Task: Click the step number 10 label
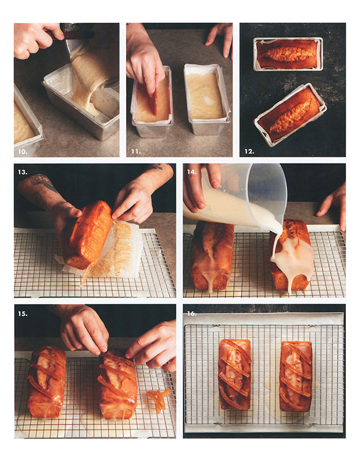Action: pyautogui.click(x=22, y=152)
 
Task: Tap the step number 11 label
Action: pyautogui.click(x=136, y=152)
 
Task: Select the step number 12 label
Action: pyautogui.click(x=249, y=152)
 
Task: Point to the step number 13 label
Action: pyautogui.click(x=22, y=172)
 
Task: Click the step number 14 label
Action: pyautogui.click(x=192, y=172)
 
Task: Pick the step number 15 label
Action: pyautogui.click(x=22, y=314)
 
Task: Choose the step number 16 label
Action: pyautogui.click(x=192, y=314)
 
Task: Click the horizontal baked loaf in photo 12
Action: pyautogui.click(x=288, y=54)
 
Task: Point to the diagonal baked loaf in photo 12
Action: pyautogui.click(x=290, y=114)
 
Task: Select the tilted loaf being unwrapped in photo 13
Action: pyautogui.click(x=87, y=234)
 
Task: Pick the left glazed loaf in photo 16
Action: pyautogui.click(x=235, y=374)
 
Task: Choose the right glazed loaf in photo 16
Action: pyautogui.click(x=295, y=376)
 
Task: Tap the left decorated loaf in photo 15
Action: pyautogui.click(x=47, y=382)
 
